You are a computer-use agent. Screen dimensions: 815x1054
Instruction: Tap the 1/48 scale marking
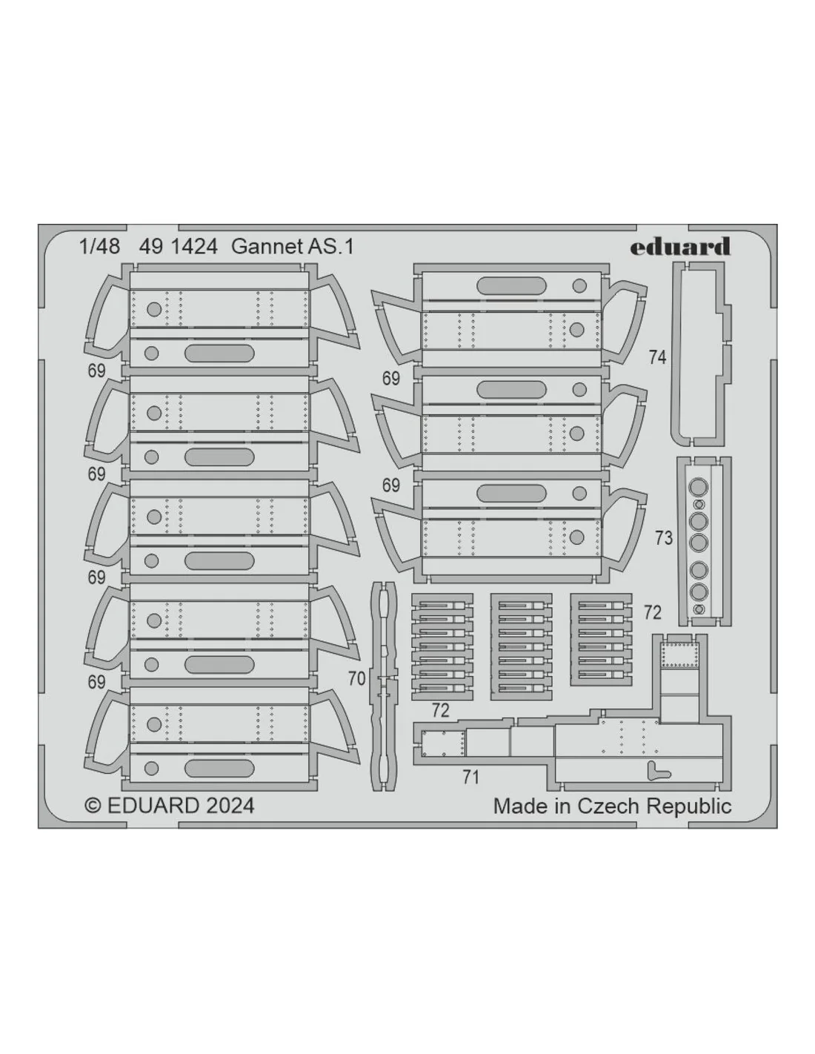[100, 247]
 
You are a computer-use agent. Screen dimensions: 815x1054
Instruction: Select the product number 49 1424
[179, 247]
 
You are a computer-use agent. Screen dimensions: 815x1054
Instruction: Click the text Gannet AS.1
[293, 247]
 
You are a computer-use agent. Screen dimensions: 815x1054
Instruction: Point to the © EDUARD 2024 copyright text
[169, 806]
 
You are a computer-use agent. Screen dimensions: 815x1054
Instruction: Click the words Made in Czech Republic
[612, 806]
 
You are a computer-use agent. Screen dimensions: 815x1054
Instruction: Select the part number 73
[664, 538]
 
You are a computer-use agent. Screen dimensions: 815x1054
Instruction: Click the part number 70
[356, 678]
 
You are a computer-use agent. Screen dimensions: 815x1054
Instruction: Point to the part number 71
[470, 778]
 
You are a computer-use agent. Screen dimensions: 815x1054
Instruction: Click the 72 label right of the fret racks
[653, 613]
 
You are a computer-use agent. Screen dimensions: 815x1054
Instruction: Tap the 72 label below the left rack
[440, 711]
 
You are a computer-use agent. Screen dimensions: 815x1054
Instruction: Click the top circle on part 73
[698, 486]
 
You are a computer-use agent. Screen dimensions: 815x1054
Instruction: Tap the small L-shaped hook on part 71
[657, 771]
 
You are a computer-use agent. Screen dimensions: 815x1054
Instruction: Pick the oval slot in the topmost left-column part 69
[219, 353]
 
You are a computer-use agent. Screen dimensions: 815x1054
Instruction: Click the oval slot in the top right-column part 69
[511, 286]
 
